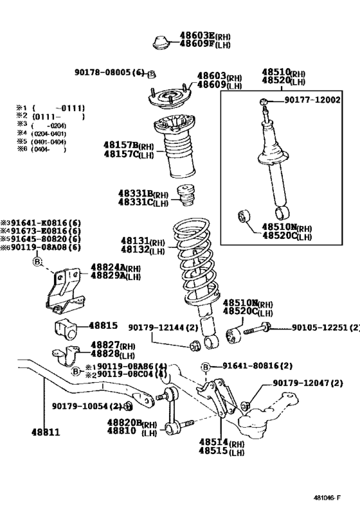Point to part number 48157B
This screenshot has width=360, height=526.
pyautogui.click(x=122, y=145)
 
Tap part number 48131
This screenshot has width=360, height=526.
pyautogui.click(x=134, y=242)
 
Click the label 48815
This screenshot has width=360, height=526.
pyautogui.click(x=104, y=326)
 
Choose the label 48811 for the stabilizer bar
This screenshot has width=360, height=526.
pyautogui.click(x=45, y=432)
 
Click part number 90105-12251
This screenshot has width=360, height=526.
pyautogui.click(x=314, y=328)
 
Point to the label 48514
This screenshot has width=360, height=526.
pyautogui.click(x=212, y=443)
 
